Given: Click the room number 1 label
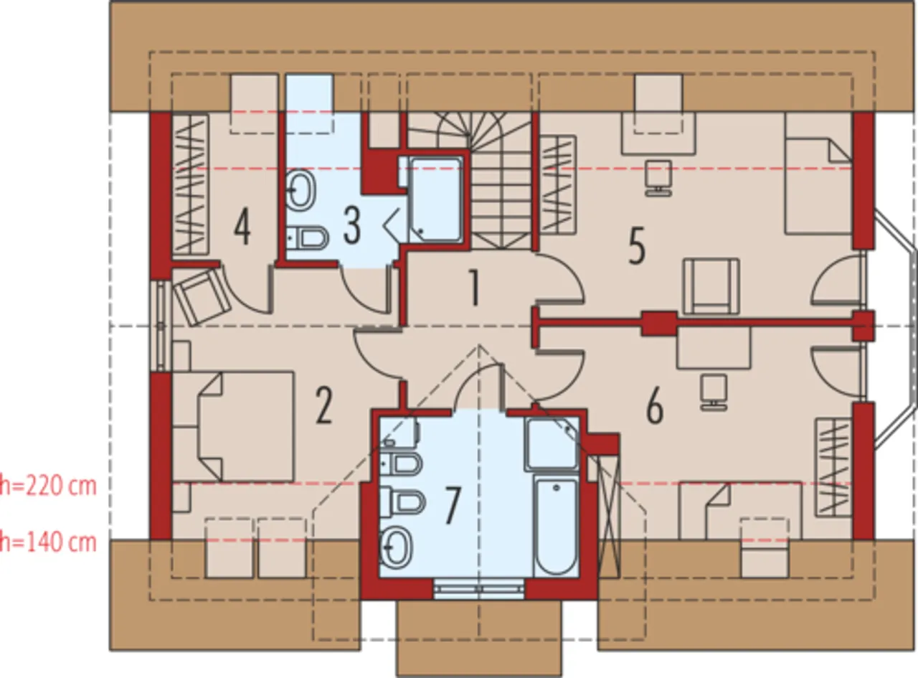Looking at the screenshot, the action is tap(475, 288).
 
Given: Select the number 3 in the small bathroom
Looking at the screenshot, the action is tap(352, 225).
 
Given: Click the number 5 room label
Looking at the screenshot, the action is tap(637, 245).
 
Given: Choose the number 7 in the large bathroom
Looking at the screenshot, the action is tap(453, 505).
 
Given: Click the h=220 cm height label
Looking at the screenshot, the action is tap(48, 486).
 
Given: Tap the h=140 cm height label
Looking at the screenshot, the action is tap(48, 542).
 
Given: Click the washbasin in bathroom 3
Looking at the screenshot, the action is tap(301, 190).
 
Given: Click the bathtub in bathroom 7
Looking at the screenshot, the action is tap(555, 526).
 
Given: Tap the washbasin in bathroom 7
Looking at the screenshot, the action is tap(396, 547).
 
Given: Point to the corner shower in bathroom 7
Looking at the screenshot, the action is tap(552, 444).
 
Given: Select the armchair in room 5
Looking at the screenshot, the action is tap(711, 286).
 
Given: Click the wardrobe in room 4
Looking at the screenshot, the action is tap(190, 184).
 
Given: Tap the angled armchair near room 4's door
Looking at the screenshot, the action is tap(202, 296).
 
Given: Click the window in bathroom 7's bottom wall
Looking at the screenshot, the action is tap(479, 588).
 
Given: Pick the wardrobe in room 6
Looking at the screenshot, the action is tap(833, 467).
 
